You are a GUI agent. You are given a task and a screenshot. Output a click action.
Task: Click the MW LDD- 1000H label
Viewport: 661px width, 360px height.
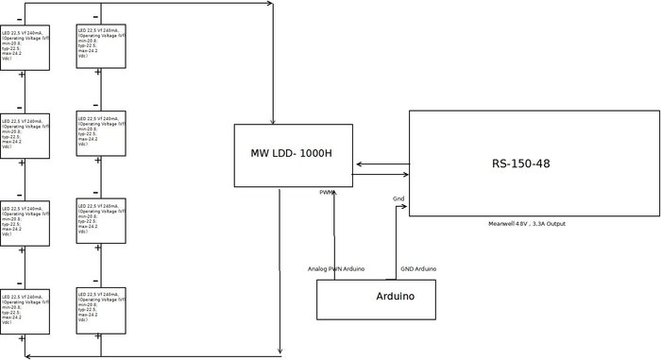click(x=291, y=154)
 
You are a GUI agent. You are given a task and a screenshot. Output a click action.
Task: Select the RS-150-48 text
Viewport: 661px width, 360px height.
click(x=520, y=163)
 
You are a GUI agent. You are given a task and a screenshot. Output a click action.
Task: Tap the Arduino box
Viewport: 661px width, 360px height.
click(x=376, y=299)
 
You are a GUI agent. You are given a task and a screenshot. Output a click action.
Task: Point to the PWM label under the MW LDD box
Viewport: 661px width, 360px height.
click(x=327, y=192)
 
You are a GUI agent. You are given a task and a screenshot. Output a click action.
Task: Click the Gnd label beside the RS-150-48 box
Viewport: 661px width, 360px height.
click(x=398, y=198)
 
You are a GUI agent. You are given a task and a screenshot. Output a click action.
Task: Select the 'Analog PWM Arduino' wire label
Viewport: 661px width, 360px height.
click(x=336, y=269)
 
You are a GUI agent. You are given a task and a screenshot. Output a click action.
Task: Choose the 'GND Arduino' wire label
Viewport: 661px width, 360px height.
click(x=418, y=269)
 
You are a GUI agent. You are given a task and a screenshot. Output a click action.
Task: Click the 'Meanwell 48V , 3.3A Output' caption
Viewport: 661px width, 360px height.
click(x=526, y=223)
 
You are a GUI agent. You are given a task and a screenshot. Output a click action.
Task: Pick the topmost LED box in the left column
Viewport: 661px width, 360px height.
click(x=25, y=47)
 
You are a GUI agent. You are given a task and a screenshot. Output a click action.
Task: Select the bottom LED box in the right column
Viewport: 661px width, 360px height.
click(x=101, y=310)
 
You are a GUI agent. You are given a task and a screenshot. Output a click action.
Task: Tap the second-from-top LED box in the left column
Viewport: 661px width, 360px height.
click(x=25, y=136)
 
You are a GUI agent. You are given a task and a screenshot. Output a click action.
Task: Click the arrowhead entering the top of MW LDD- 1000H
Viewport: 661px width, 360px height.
click(x=273, y=121)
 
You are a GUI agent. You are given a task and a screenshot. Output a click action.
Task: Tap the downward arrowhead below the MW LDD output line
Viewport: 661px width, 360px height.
click(x=280, y=352)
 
